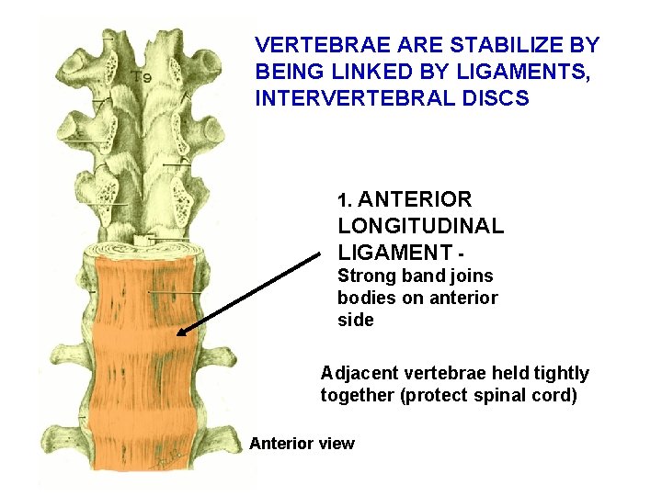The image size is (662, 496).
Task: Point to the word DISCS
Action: pyautogui.click(x=497, y=98)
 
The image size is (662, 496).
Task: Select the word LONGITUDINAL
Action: pyautogui.click(x=421, y=226)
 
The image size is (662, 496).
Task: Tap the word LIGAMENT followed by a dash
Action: pyautogui.click(x=394, y=253)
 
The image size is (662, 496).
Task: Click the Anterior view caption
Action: pyautogui.click(x=302, y=445)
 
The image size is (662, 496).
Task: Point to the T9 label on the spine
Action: pyautogui.click(x=141, y=77)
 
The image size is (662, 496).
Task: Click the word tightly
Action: pyautogui.click(x=560, y=374)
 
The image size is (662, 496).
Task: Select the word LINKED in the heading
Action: pyautogui.click(x=350, y=72)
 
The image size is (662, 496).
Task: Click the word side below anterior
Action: pyautogui.click(x=356, y=321)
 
